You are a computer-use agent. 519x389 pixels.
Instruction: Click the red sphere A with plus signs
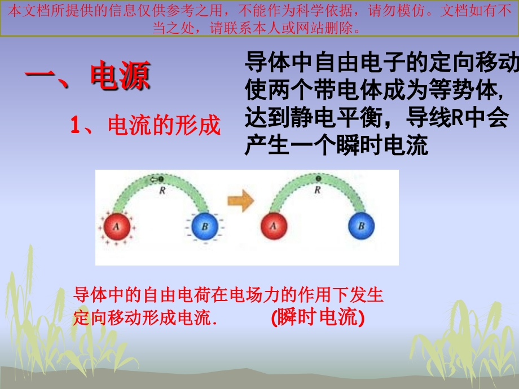(116, 227)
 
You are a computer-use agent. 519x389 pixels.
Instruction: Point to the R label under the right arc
(318, 191)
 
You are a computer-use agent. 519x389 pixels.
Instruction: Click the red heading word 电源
(120, 77)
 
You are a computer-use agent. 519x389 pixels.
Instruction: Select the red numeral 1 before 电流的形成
(76, 125)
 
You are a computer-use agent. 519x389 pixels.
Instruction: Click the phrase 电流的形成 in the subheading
(164, 125)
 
